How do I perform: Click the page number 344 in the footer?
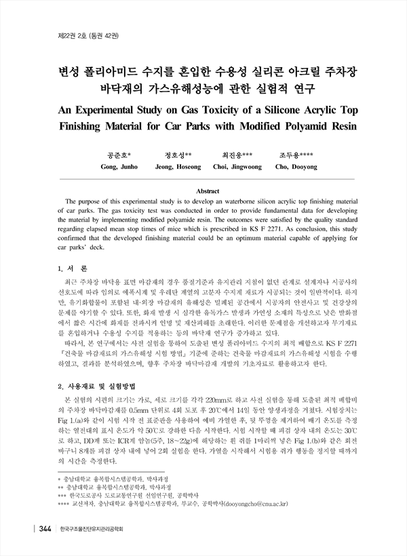45,528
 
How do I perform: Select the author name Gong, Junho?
119,166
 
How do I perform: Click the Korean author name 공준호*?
119,155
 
